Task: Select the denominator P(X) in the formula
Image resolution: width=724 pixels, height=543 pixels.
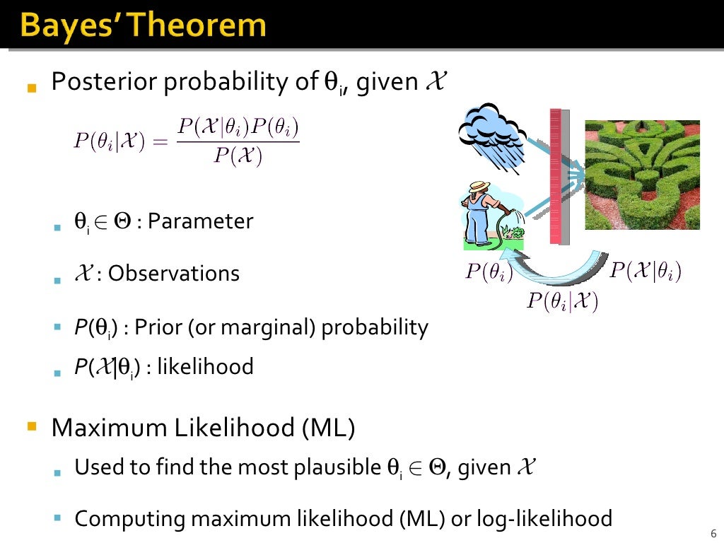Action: [x=238, y=156]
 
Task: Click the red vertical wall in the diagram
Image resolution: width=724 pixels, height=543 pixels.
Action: [x=555, y=177]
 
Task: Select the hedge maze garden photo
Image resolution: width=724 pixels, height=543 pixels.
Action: [x=642, y=175]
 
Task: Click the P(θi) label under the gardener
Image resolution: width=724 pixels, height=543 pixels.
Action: [x=489, y=273]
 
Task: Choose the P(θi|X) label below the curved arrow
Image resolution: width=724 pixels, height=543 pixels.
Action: [x=563, y=301]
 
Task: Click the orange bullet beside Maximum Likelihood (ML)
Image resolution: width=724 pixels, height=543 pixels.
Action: [x=30, y=426]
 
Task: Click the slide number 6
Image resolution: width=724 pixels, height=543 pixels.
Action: [x=712, y=533]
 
